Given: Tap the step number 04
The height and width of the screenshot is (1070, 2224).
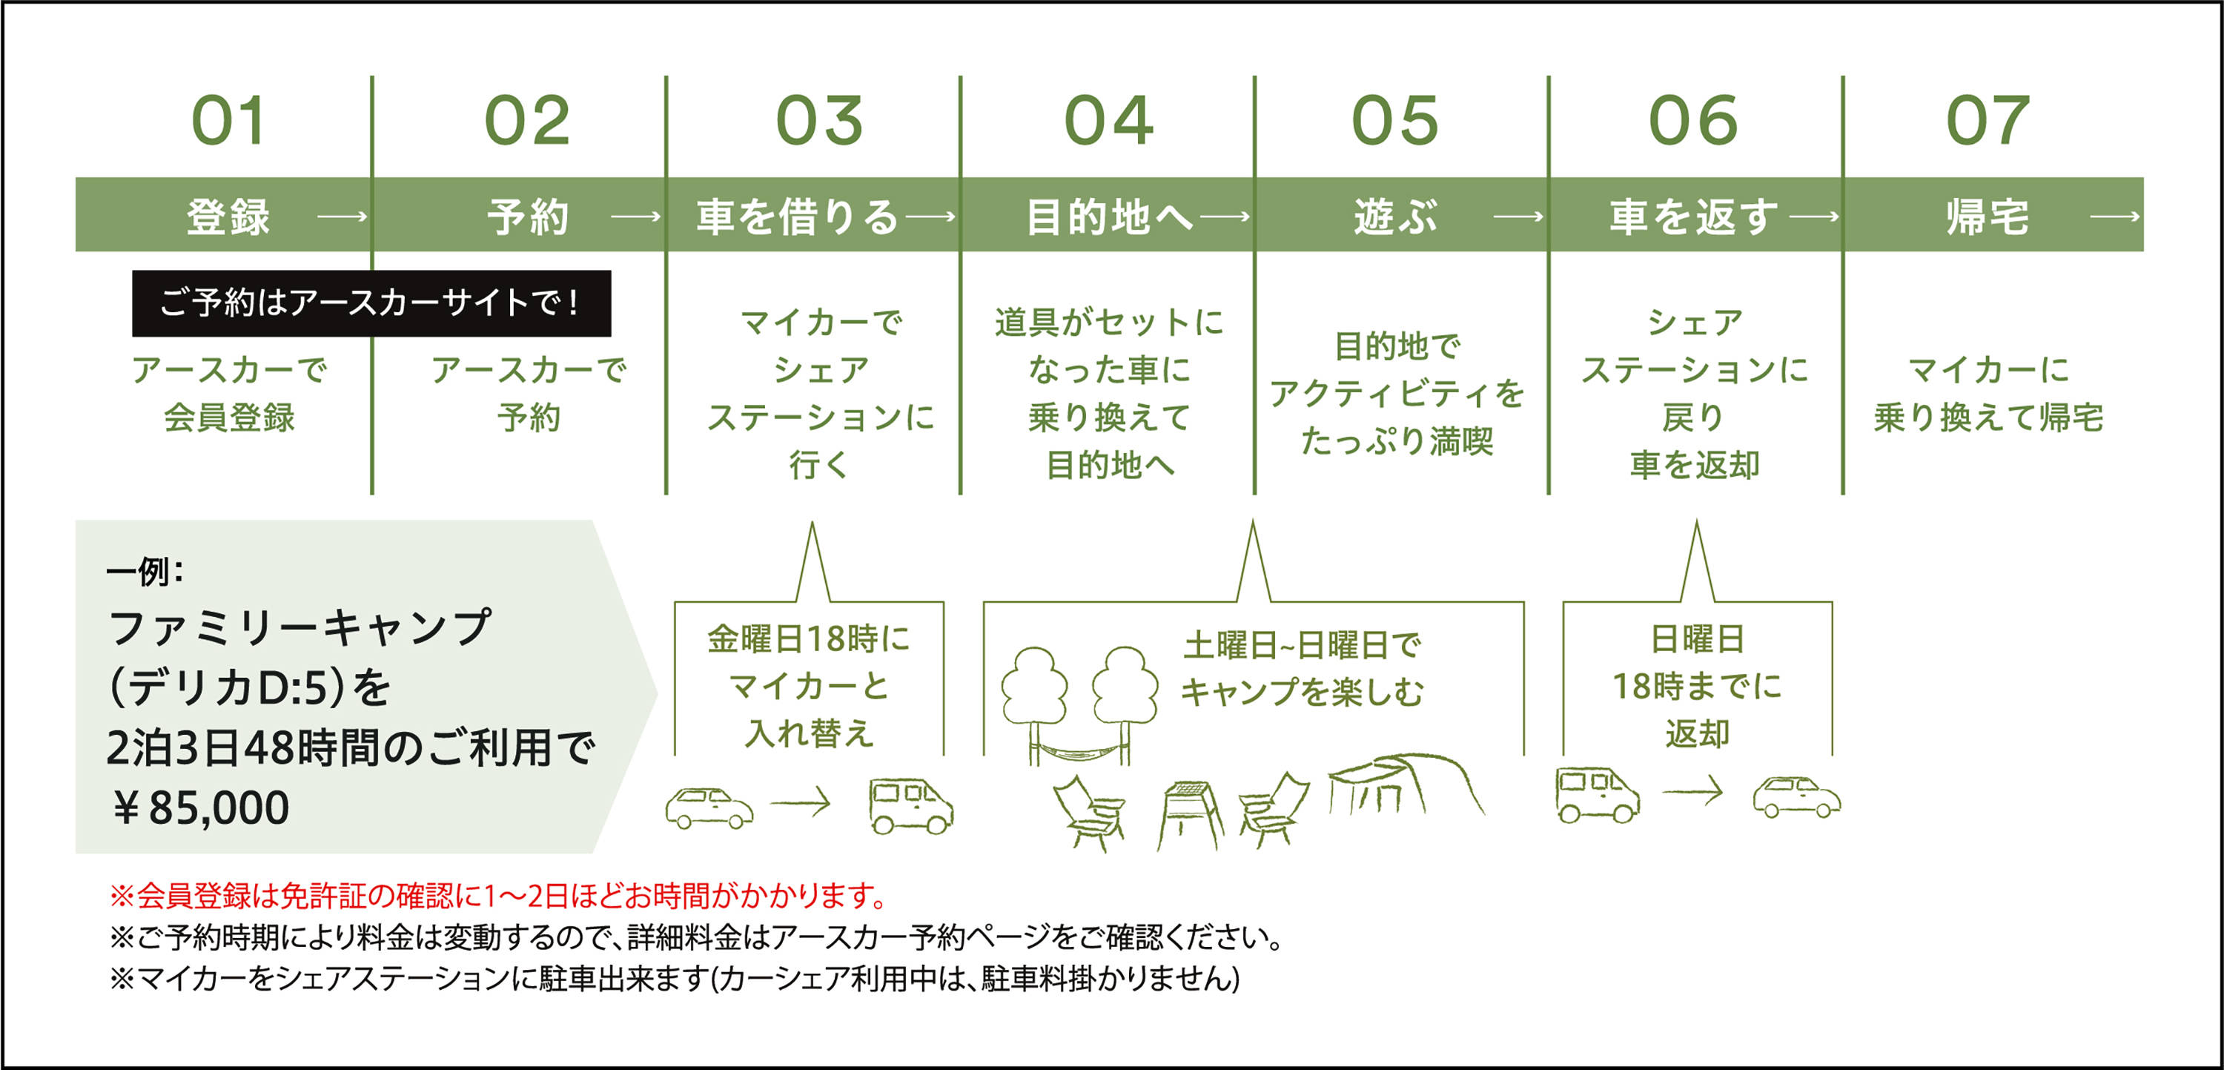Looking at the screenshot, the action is [x=1108, y=121].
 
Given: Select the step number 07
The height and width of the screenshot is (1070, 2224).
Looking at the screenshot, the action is [x=1988, y=121].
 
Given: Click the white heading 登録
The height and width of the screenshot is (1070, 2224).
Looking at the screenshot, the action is [x=229, y=216].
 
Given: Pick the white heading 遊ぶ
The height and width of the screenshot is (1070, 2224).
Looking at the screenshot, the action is [x=1396, y=216].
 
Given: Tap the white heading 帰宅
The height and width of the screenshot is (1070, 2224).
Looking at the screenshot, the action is [x=1988, y=216].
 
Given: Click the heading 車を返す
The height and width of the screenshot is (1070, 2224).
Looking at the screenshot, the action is [x=1694, y=216].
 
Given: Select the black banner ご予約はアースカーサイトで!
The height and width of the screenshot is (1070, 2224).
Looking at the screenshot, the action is [x=371, y=303].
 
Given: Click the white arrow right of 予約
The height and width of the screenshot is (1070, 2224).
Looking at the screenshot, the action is [x=636, y=216].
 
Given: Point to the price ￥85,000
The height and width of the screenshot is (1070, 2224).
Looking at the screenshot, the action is [x=199, y=808].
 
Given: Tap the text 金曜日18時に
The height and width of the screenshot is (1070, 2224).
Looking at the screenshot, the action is [x=809, y=639].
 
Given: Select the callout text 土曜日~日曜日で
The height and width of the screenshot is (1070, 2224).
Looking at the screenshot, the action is [x=1302, y=645].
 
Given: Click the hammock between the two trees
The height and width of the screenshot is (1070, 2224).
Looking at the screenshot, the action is [x=1079, y=749].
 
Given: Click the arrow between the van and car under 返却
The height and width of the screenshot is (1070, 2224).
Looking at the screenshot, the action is [x=1693, y=791].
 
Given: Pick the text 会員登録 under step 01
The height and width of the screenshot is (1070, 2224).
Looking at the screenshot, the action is [x=229, y=418].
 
